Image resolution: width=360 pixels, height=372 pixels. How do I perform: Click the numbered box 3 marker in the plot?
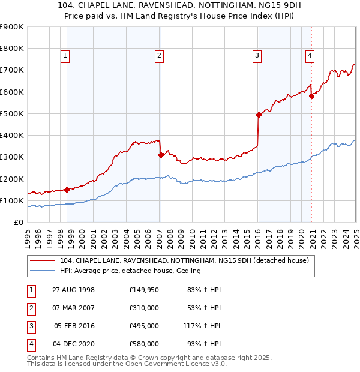(x=256, y=56)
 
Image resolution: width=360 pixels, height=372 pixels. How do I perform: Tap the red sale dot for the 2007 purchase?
(x=161, y=155)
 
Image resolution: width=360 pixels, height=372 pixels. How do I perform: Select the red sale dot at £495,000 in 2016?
(x=259, y=115)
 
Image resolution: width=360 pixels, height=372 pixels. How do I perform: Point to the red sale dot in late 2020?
(x=312, y=96)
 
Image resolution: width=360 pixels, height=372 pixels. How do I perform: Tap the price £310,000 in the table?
(x=144, y=308)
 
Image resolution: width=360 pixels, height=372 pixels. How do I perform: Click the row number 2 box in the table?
(x=29, y=308)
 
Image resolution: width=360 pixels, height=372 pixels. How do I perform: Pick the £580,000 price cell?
(x=144, y=344)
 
